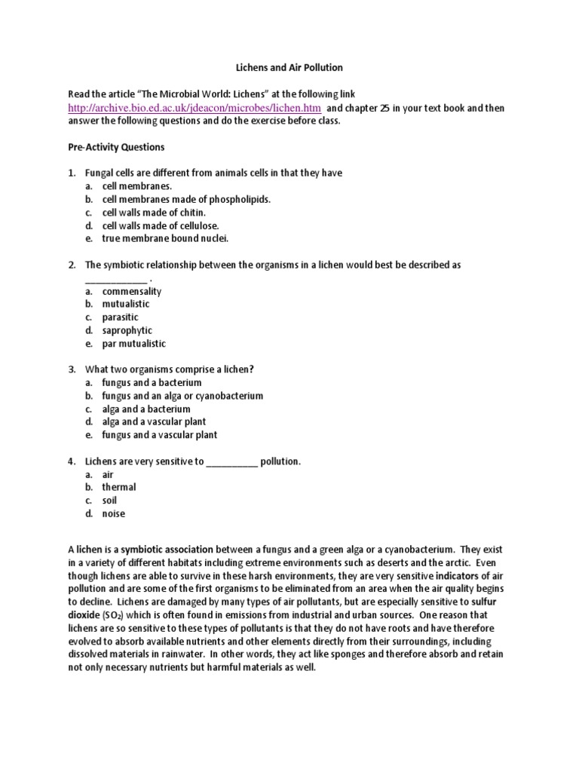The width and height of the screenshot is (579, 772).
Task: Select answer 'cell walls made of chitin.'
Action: (154, 213)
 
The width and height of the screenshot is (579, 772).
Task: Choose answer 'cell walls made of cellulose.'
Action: (160, 225)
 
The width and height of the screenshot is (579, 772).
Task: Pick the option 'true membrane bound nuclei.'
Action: (164, 238)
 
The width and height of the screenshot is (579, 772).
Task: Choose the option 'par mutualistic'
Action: (133, 343)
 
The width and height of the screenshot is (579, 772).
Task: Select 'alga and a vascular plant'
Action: (154, 421)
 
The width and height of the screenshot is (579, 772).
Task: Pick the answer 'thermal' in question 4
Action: (119, 487)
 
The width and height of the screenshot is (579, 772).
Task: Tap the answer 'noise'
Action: (114, 513)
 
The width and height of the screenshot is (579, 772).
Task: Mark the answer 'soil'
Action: (109, 501)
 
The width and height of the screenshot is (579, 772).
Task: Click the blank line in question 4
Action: (231, 461)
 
